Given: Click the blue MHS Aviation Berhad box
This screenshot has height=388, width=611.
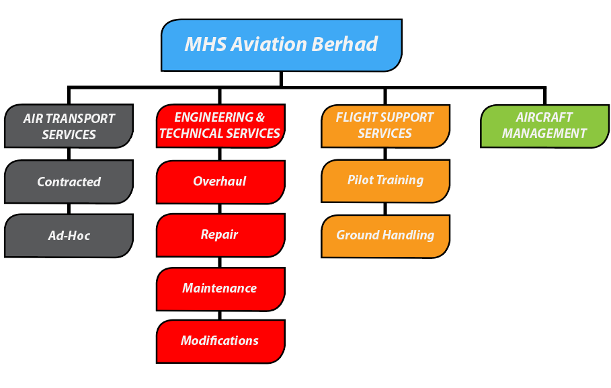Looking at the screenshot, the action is (x=282, y=45).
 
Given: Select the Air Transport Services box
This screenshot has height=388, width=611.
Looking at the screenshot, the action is (x=69, y=126).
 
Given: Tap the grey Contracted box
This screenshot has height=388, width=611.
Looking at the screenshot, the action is (x=69, y=182).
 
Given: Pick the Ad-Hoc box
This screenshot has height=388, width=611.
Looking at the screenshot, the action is (x=69, y=235).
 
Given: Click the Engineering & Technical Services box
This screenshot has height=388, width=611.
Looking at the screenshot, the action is (x=220, y=126).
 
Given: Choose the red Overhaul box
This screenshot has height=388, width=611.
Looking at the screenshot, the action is (x=220, y=182).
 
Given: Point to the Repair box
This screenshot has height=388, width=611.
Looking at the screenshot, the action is (x=220, y=235).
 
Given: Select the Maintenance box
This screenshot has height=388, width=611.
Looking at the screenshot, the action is (x=220, y=289).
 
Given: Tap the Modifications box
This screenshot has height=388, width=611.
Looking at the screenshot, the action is (x=220, y=342).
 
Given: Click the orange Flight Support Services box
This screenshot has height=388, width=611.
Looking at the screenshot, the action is (x=385, y=126).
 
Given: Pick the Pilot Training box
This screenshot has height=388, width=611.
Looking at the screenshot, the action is (x=385, y=181).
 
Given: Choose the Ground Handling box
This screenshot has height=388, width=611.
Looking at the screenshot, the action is (x=385, y=236).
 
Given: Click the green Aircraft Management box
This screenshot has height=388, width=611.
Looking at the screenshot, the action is (x=544, y=126).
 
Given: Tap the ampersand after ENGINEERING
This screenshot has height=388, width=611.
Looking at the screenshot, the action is (x=260, y=118).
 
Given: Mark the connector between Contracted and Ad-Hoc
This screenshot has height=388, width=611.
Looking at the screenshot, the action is (x=69, y=208).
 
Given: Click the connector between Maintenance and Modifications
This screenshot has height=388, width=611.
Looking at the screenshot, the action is (x=220, y=315).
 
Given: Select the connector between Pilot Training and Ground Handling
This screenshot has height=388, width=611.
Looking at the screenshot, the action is (x=385, y=208).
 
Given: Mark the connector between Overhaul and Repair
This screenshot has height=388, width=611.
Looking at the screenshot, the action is (x=220, y=208).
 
